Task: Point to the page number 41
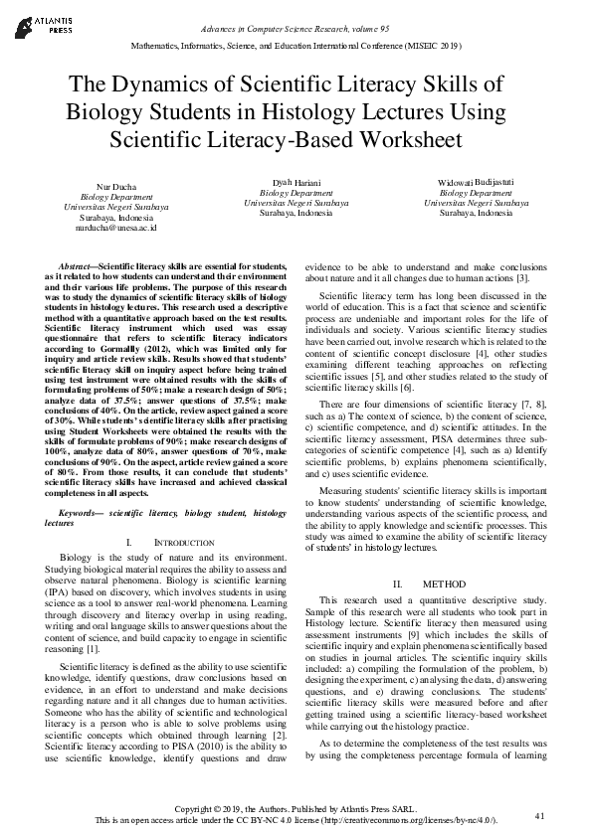(540, 816)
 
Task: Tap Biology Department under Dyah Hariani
(296, 192)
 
